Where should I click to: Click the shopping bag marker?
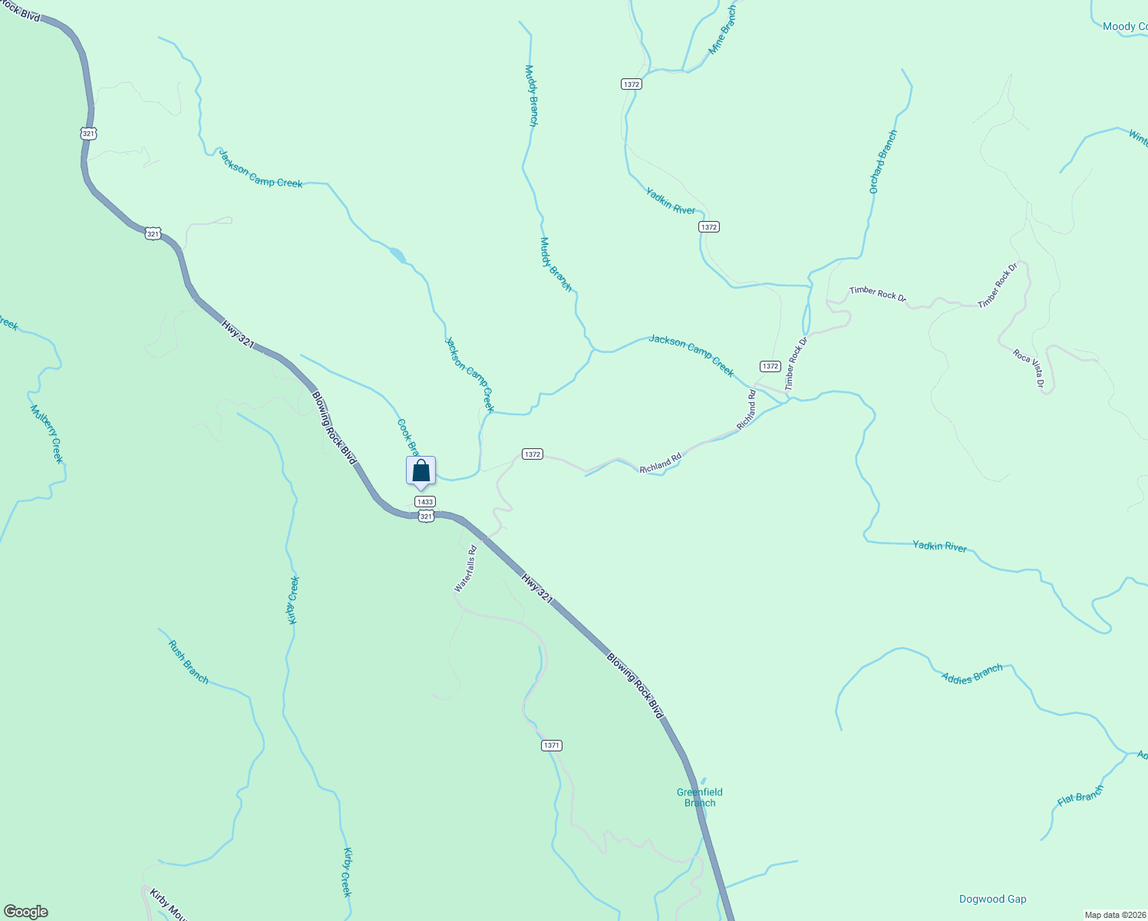421,470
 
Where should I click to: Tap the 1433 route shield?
424,501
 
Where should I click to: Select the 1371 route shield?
551,745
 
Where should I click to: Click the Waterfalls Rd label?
466,569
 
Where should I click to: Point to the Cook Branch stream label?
407,436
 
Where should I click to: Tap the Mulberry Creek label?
47,434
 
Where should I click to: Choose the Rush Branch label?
188,662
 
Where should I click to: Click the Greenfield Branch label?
699,797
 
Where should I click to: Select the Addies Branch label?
972,674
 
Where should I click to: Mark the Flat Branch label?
1080,795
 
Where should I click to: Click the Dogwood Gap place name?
992,899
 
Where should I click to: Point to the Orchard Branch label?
882,161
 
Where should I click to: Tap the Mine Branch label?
721,30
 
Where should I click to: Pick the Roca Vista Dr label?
1029,368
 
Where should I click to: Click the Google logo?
26,912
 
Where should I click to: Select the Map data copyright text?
1114,915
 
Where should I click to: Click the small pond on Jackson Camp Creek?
398,254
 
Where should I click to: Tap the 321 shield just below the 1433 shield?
427,517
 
